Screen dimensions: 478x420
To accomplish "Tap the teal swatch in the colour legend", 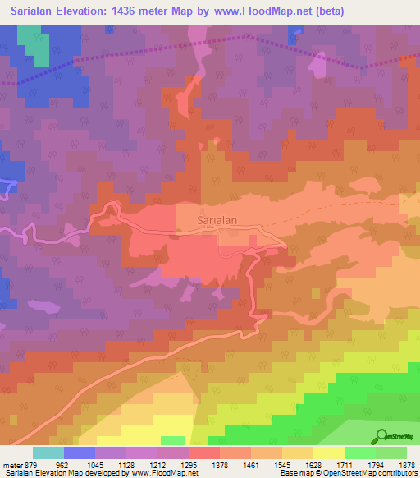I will click(48, 453).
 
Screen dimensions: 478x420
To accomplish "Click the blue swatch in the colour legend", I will click(80, 453).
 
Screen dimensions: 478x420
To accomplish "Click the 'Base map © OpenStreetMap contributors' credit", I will click(347, 473).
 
